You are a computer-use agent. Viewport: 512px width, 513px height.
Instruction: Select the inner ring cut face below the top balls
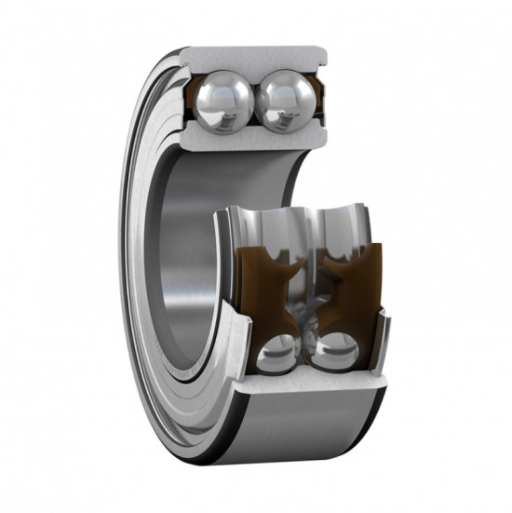(251, 136)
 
